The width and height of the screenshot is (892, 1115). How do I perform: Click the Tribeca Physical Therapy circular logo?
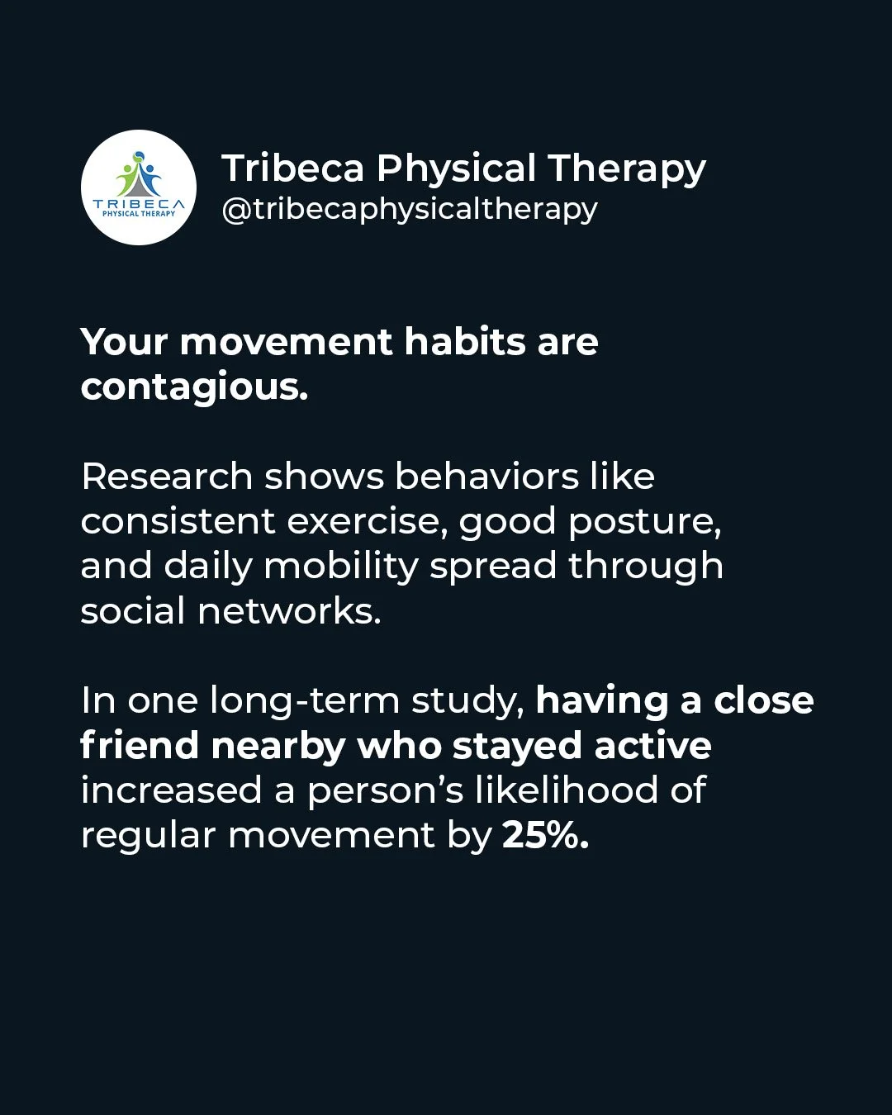(x=139, y=187)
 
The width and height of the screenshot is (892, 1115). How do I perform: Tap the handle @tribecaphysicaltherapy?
(x=409, y=209)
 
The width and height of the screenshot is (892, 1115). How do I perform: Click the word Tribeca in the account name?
(x=292, y=168)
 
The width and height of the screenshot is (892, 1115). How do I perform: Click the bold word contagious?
(x=194, y=387)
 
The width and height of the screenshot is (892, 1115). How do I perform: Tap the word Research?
(x=166, y=477)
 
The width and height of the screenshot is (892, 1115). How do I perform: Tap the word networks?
(x=289, y=611)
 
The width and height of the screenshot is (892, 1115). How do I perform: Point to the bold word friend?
(x=140, y=746)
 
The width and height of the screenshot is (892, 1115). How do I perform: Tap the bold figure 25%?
(x=545, y=835)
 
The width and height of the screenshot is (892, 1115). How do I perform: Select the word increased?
(x=171, y=790)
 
